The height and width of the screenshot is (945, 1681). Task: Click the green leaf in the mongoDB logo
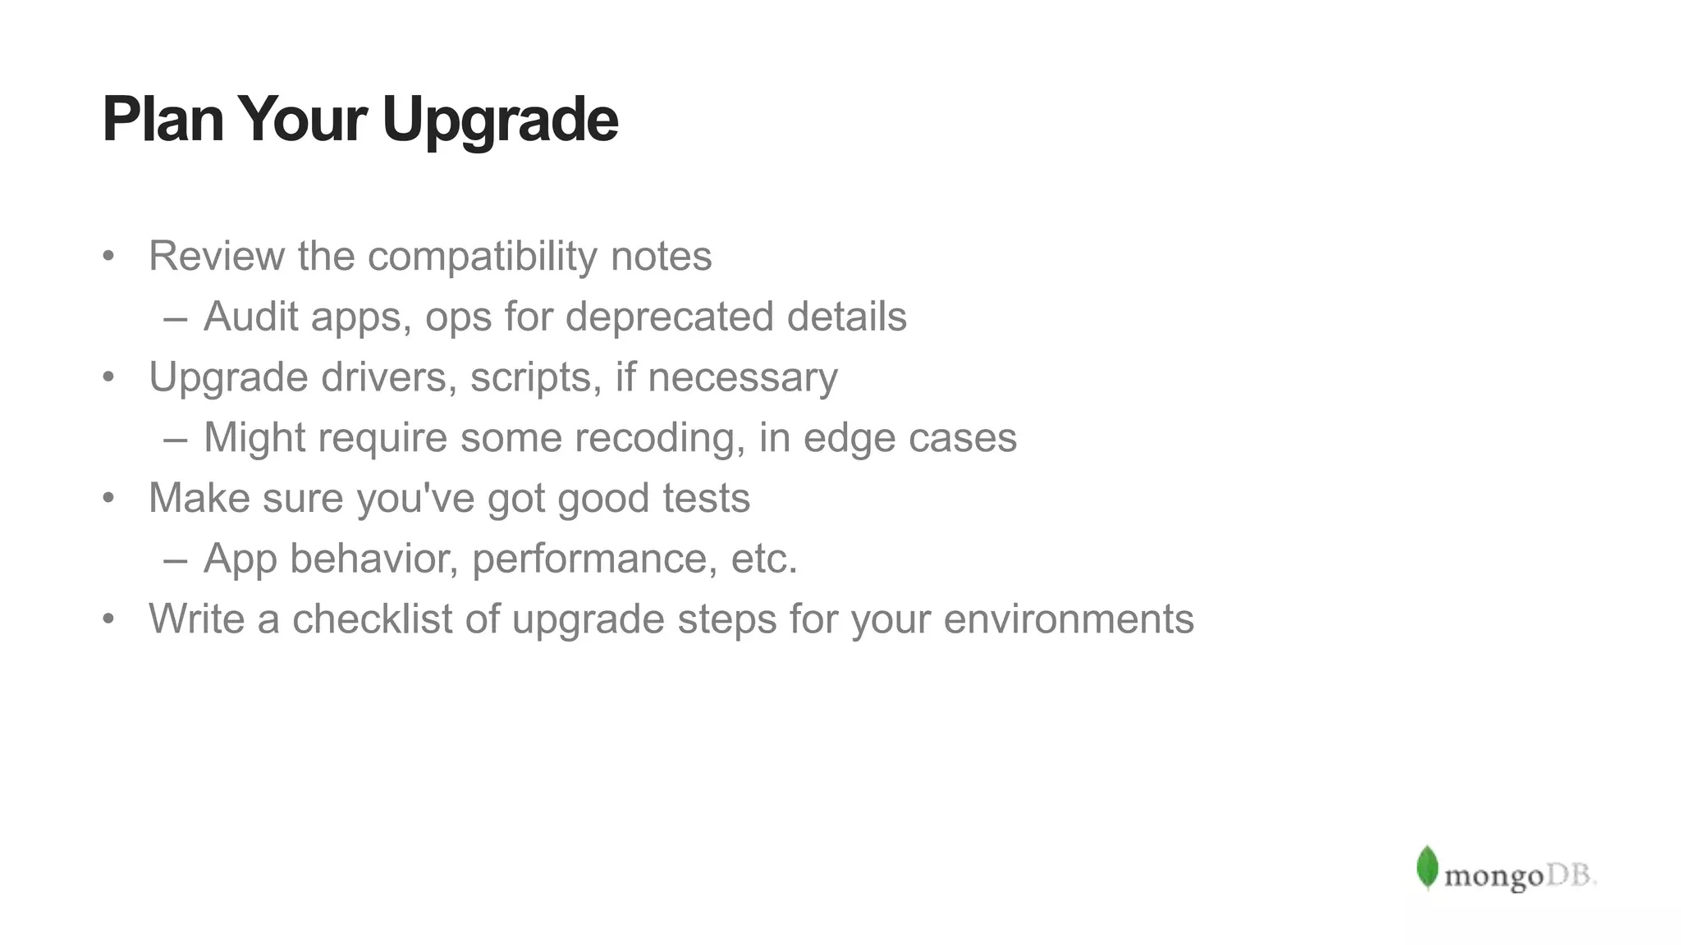(x=1427, y=867)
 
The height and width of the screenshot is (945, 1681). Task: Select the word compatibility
(x=483, y=256)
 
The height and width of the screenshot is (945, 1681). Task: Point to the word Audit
(x=250, y=317)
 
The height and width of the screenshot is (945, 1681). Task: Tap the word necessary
(x=743, y=377)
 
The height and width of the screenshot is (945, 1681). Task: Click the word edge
(x=849, y=439)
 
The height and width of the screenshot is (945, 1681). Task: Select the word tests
(x=706, y=498)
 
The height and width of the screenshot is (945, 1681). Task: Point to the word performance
(x=589, y=559)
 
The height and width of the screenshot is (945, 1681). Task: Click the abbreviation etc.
(x=763, y=559)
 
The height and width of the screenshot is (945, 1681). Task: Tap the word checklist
(x=372, y=619)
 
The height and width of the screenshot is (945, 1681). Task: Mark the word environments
(x=1069, y=619)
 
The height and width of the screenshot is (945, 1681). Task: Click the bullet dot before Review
(x=108, y=257)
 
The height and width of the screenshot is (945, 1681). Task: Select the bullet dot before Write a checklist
(x=108, y=619)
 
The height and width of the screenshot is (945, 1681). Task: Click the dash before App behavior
(x=175, y=560)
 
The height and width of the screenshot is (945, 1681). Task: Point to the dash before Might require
(x=175, y=439)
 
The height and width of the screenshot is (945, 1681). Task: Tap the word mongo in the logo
(x=1493, y=877)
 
